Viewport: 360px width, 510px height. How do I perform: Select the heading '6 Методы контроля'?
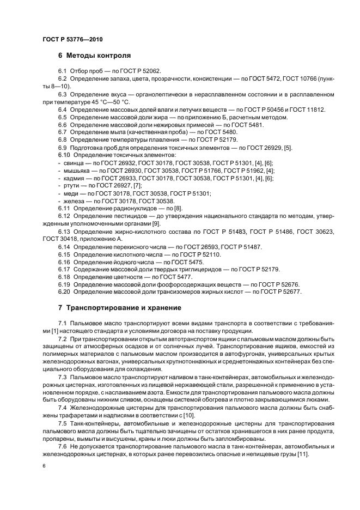coord(94,56)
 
